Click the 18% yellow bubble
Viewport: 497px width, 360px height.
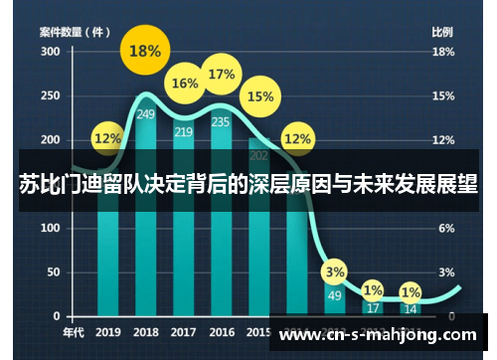click(x=145, y=52)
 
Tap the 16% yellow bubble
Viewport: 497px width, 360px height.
click(x=185, y=84)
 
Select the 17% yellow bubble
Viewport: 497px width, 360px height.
click(x=222, y=75)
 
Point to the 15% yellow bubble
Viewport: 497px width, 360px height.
click(x=259, y=96)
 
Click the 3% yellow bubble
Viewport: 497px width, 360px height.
click(x=335, y=271)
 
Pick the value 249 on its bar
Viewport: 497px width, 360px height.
click(x=146, y=114)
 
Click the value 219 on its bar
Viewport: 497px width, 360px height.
click(x=184, y=131)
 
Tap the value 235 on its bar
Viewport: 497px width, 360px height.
click(x=222, y=122)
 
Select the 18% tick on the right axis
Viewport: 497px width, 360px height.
click(x=443, y=51)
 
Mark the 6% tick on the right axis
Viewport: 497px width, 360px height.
click(x=447, y=228)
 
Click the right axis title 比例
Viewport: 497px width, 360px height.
click(x=442, y=31)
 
